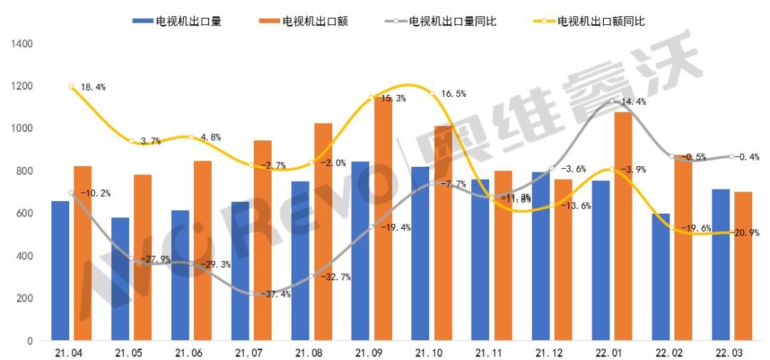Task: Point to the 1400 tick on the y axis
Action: [x=23, y=43]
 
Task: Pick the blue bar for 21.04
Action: [x=61, y=271]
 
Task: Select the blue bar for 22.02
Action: [x=660, y=277]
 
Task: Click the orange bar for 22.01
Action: [x=623, y=226]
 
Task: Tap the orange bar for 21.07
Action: [x=263, y=240]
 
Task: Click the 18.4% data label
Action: [x=93, y=87]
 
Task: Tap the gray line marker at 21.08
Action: [x=312, y=277]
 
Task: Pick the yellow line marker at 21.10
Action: [x=432, y=94]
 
